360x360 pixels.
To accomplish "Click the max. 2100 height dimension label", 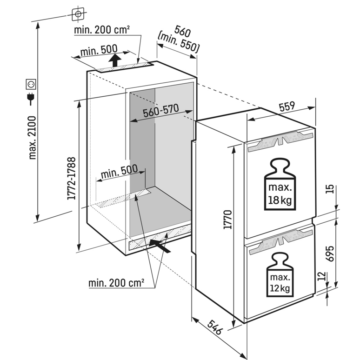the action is [32, 138].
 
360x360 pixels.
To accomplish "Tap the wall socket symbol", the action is [31, 84].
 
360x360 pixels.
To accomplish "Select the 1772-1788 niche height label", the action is [71, 178].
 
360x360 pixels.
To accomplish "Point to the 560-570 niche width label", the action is [161, 110].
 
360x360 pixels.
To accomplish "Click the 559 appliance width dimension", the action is [287, 107].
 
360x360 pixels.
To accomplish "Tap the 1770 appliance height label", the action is [228, 220].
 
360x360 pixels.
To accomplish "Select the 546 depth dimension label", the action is [215, 327].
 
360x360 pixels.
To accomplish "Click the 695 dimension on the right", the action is [330, 253].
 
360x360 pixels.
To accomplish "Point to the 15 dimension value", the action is [330, 189].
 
